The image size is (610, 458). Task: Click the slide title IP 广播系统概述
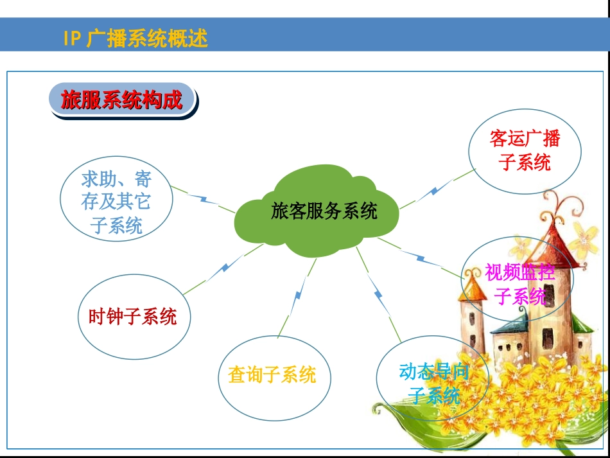tap(135, 39)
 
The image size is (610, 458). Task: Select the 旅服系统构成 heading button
tap(122, 100)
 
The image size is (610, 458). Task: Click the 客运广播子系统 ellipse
tap(525, 150)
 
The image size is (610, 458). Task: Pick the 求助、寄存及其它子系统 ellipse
tap(116, 202)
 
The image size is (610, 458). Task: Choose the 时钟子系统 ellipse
tap(134, 317)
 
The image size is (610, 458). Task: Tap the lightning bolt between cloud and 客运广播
tap(438, 189)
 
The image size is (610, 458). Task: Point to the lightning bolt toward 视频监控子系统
tap(421, 258)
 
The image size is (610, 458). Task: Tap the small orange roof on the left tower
tap(474, 286)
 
